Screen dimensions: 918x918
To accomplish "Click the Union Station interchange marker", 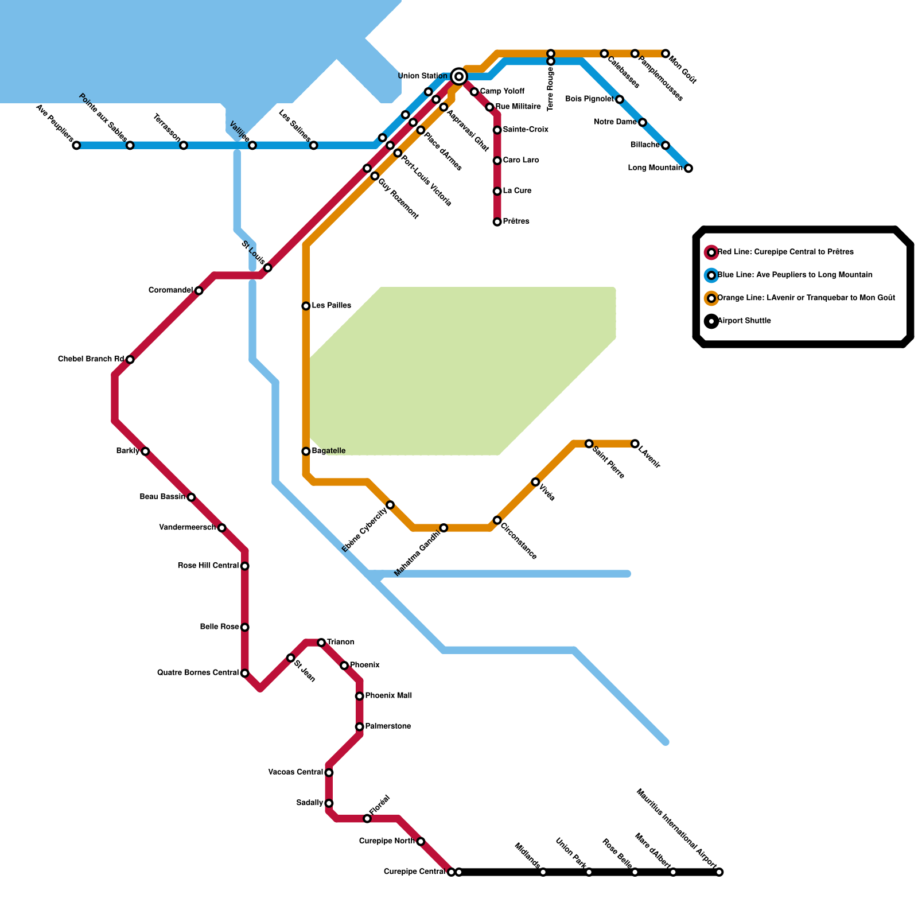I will [x=458, y=76].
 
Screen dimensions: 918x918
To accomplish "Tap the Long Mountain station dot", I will [x=688, y=168].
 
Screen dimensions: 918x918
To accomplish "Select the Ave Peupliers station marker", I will [x=76, y=145].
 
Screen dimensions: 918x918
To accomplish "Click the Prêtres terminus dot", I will [x=497, y=221].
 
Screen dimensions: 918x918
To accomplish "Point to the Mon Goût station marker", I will [x=665, y=53].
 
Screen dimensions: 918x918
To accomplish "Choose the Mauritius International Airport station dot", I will [x=719, y=872].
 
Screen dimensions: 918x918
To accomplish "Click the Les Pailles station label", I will [x=331, y=306].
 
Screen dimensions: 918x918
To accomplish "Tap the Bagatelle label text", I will [x=328, y=451].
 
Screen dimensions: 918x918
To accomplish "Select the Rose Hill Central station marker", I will [x=244, y=566].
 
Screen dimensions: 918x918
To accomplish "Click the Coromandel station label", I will [x=170, y=290].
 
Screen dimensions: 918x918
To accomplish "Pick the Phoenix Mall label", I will [x=388, y=696].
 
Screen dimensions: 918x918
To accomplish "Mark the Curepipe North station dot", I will [x=421, y=841].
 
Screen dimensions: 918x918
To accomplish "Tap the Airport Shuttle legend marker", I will [x=711, y=321].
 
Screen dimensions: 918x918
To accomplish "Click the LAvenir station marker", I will [x=635, y=444].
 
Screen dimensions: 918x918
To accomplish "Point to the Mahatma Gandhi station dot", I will [x=444, y=527].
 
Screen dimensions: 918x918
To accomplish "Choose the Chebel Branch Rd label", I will [x=91, y=359].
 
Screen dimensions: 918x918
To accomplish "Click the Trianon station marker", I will [x=321, y=642].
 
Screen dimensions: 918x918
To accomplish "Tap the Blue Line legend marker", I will [x=711, y=275].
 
